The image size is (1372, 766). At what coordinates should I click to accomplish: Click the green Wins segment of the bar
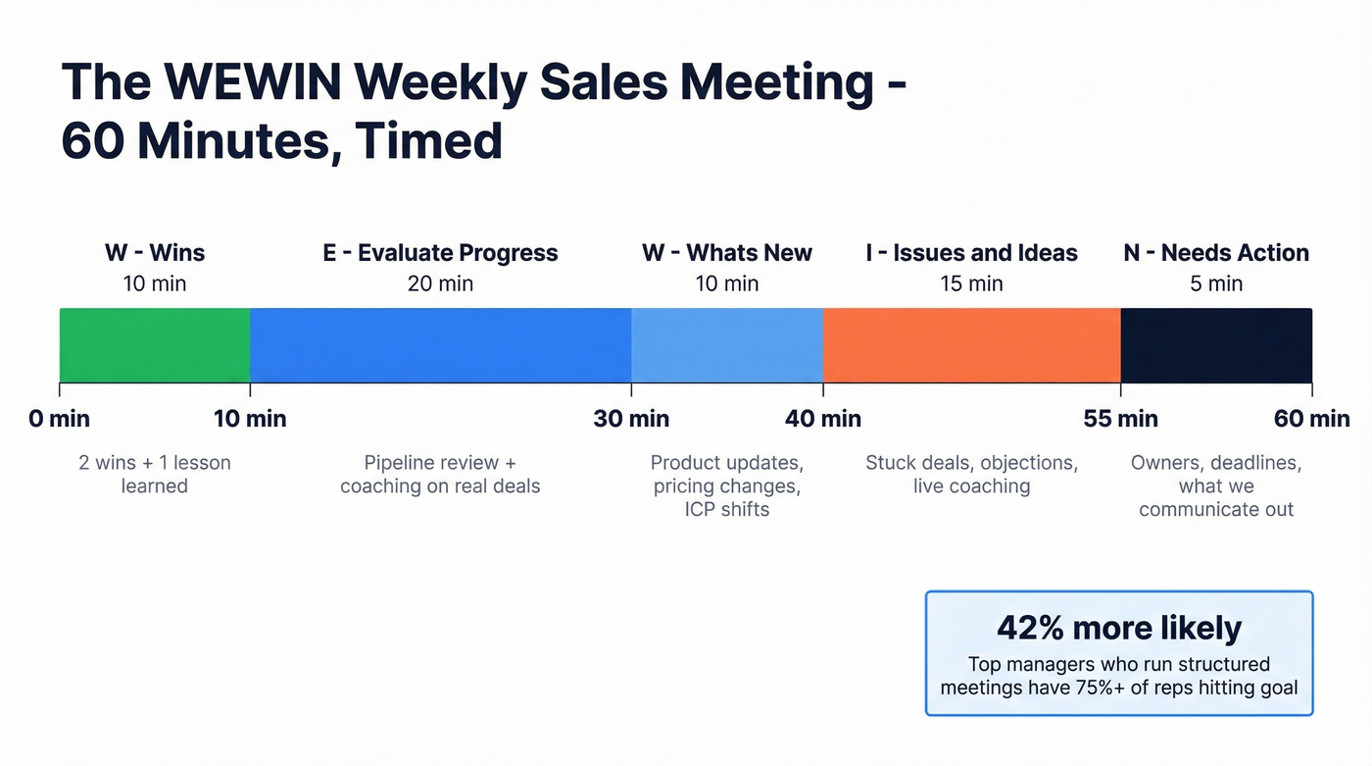[155, 344]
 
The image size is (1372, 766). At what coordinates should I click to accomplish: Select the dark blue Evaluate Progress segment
[440, 344]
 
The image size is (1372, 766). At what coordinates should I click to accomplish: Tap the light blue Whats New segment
[726, 344]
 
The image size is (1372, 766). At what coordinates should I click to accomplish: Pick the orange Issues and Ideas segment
[971, 344]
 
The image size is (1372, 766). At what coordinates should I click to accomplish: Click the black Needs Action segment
[1215, 344]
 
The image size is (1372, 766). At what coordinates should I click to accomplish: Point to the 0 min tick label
[59, 419]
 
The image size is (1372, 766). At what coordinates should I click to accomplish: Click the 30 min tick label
[631, 419]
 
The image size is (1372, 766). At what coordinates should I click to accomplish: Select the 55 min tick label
[1120, 419]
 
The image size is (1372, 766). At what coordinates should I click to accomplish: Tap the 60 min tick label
[1311, 419]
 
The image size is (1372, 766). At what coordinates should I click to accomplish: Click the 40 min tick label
[823, 419]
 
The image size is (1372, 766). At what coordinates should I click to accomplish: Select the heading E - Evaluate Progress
[440, 253]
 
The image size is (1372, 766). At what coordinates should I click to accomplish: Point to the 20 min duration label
[440, 284]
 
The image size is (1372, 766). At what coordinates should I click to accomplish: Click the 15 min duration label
[971, 284]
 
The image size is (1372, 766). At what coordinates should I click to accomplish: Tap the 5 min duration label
[1215, 284]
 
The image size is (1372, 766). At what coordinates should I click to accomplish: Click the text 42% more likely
[1118, 628]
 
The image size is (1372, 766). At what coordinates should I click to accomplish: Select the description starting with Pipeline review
[440, 474]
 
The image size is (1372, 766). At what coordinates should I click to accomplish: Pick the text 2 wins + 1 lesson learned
[155, 474]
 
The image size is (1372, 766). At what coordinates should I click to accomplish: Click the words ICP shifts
[726, 509]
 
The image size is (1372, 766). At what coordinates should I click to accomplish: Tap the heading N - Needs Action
[1215, 253]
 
